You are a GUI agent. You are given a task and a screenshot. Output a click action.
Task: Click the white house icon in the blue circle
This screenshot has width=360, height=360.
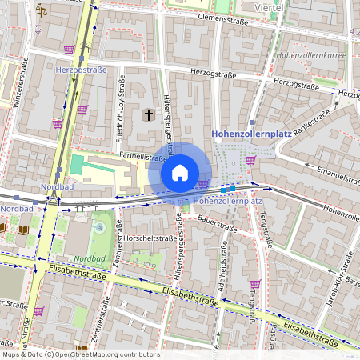pyautogui.click(x=180, y=172)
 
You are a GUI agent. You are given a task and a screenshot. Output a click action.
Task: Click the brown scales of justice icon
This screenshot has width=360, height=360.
pyautogui.click(x=42, y=12)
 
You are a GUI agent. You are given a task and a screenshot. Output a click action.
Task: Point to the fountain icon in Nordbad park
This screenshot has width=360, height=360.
pyautogui.click(x=98, y=228)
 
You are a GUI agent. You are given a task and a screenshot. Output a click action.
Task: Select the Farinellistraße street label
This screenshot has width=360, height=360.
pyautogui.click(x=121, y=158)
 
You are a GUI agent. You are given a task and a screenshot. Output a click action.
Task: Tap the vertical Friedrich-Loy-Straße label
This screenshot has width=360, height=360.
pyautogui.click(x=122, y=97)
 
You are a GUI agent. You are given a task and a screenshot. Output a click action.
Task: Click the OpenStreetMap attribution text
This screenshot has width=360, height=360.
pyautogui.click(x=80, y=354)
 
